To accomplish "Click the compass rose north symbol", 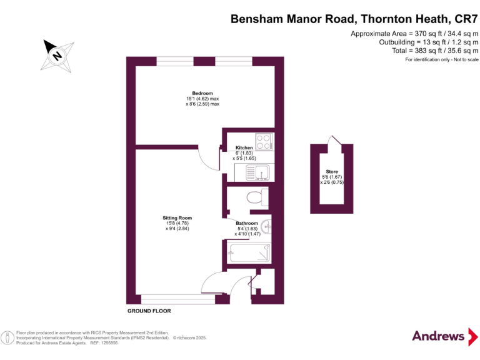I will [58, 54].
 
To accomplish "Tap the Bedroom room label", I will [202, 94].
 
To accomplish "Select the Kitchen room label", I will [244, 148].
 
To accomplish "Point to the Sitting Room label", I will [177, 218].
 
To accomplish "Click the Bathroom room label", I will [246, 223].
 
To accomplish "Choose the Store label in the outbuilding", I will [331, 171].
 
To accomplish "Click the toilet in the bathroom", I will [255, 198].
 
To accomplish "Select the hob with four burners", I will [264, 142].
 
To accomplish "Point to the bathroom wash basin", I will [266, 226].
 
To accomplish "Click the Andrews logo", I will [439, 336].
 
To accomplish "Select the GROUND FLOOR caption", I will [149, 311].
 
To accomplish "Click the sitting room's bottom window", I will [178, 299].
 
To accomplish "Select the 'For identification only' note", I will [441, 59].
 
